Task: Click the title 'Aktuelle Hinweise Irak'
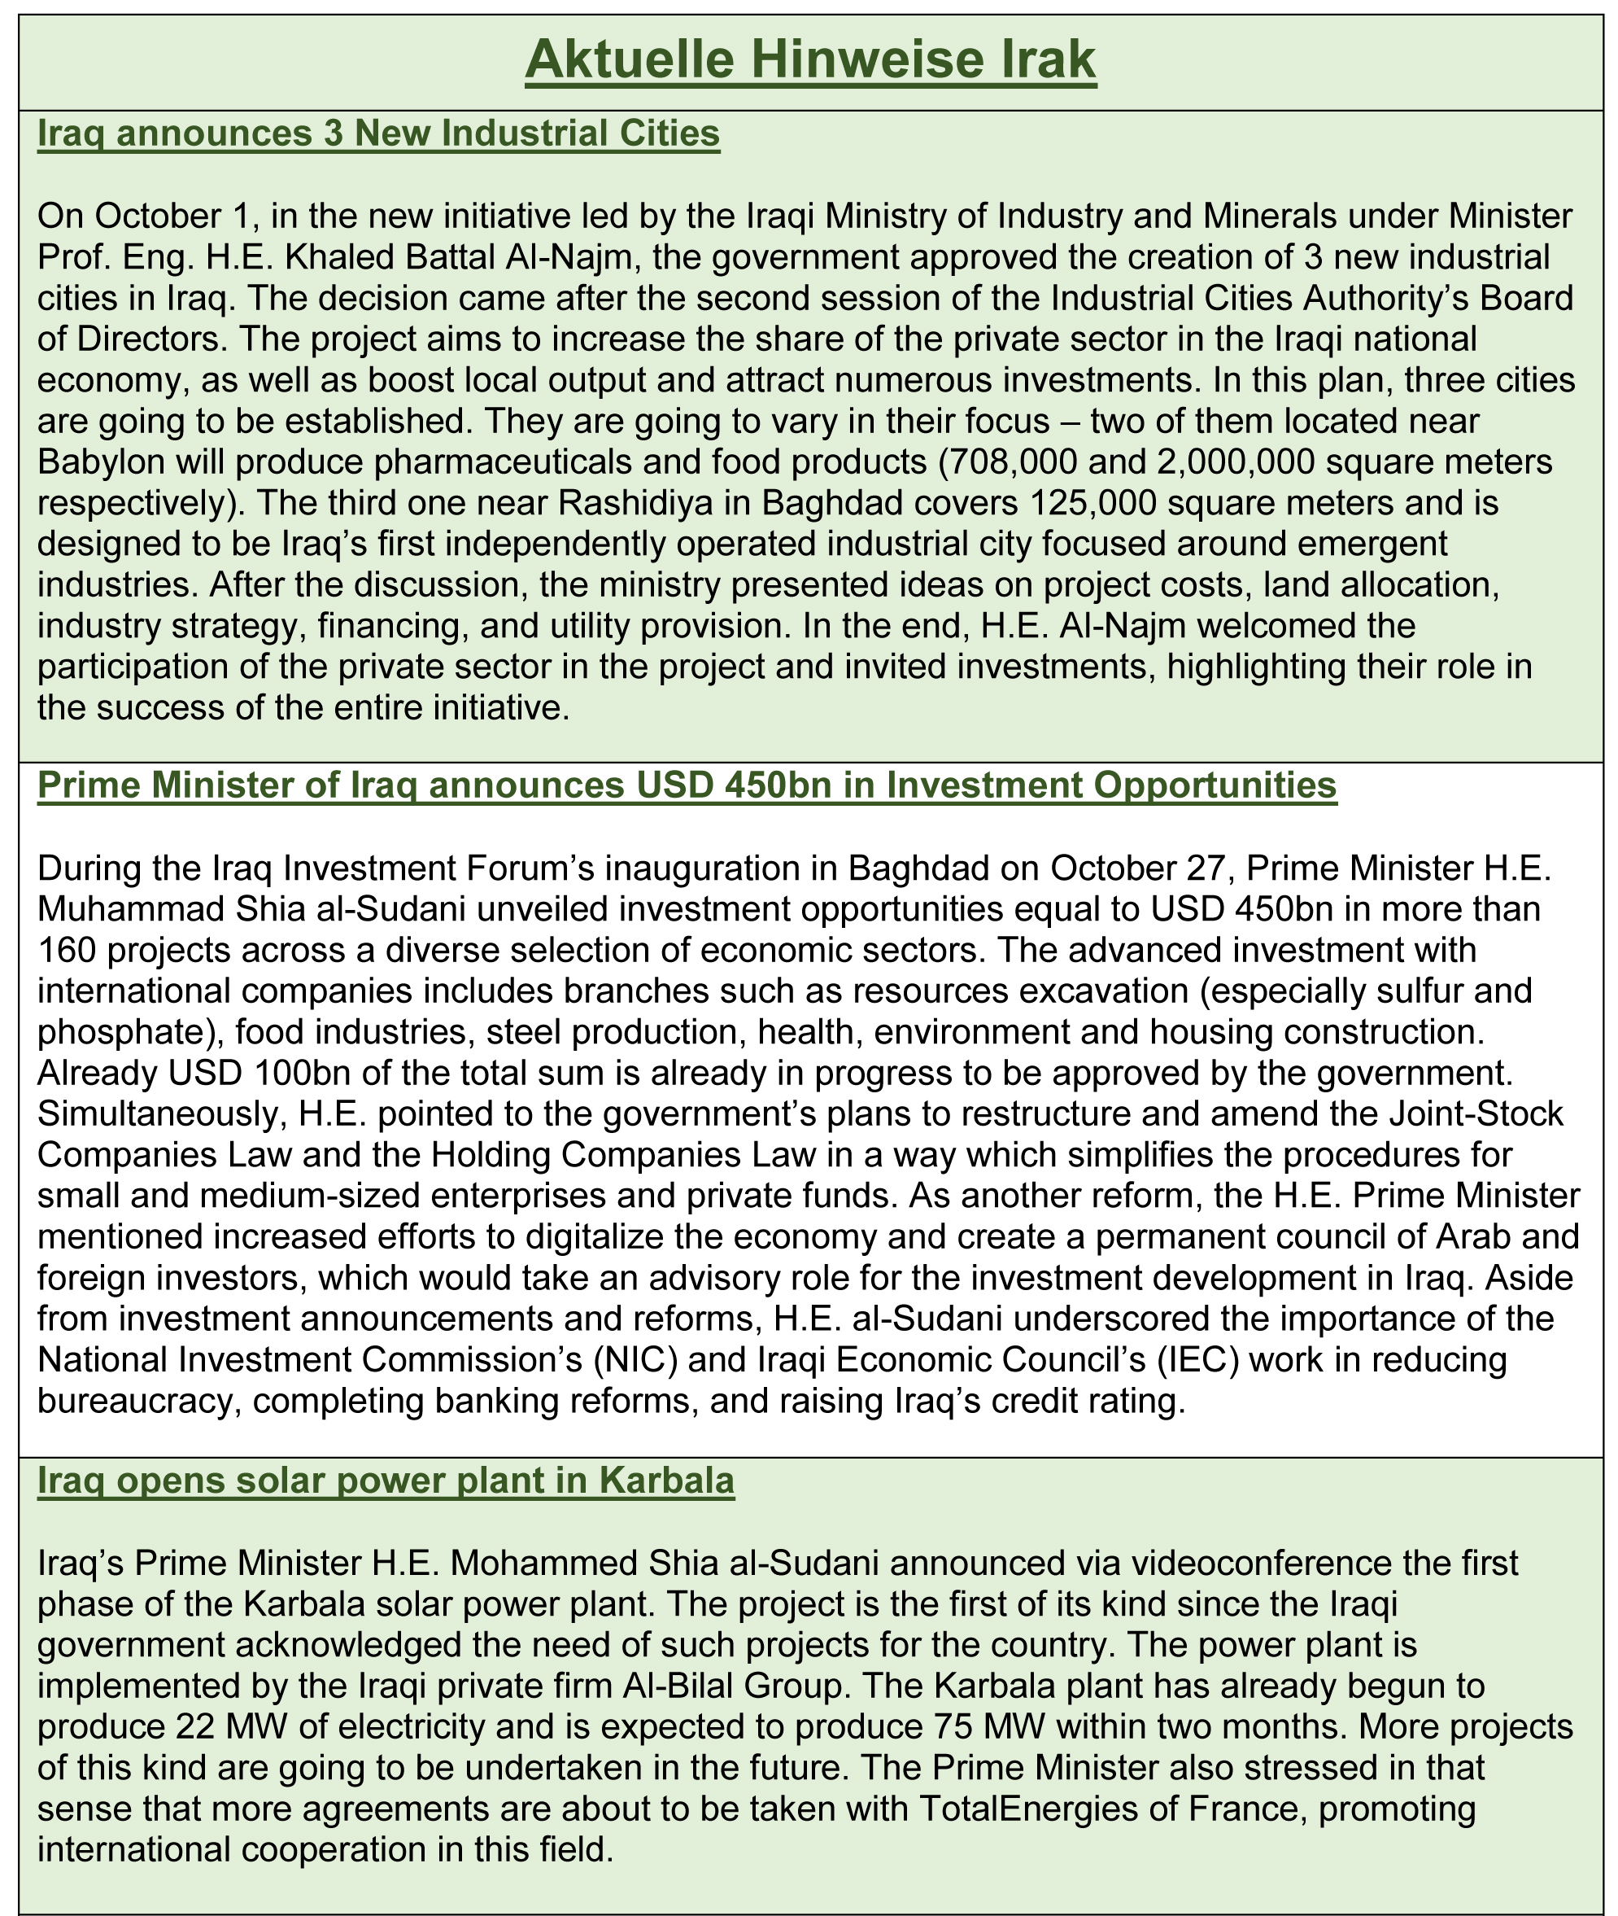[810, 62]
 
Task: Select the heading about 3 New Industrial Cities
[378, 134]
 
